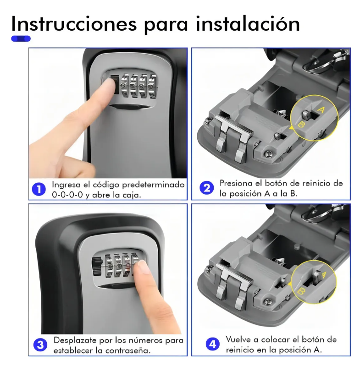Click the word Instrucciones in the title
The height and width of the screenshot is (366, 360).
point(74,24)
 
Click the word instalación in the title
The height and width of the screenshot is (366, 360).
point(248,24)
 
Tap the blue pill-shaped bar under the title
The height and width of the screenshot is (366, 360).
point(21,38)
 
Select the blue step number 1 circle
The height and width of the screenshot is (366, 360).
point(39,189)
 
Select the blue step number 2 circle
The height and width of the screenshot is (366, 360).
point(206,188)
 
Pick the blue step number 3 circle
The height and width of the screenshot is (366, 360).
point(40,345)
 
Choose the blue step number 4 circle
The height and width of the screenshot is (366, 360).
point(213,344)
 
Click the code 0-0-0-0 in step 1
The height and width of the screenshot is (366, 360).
point(67,195)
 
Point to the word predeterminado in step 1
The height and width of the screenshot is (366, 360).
point(153,185)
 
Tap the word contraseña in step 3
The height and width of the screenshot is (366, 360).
point(127,350)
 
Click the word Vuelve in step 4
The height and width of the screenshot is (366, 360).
point(238,339)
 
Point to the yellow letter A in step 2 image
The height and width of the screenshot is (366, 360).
point(321,109)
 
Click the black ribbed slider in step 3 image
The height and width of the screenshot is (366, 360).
point(97,267)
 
